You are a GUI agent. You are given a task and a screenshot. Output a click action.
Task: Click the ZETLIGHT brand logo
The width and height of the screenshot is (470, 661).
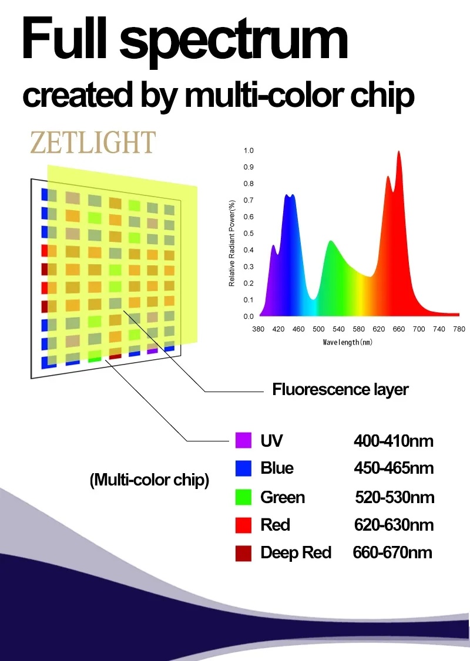(93, 143)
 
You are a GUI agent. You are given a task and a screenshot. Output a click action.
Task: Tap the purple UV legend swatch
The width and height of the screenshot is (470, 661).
(243, 440)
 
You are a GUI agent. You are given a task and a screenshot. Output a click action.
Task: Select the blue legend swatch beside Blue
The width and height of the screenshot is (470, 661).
(243, 468)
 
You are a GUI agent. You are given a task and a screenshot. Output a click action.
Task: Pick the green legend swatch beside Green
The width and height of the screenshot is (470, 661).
(243, 497)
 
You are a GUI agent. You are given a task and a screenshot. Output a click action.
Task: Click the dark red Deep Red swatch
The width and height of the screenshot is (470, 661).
(243, 552)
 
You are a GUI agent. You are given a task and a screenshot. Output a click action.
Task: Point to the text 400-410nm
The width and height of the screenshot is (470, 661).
(394, 440)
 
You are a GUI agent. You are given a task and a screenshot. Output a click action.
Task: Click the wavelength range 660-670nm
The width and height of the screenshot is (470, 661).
(392, 552)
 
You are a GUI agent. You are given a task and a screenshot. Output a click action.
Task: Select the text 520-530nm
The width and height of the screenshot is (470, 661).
(394, 497)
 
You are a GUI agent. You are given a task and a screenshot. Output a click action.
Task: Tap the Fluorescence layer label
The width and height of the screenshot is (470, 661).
(340, 389)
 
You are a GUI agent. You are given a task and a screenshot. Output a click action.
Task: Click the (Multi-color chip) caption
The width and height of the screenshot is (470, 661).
(149, 480)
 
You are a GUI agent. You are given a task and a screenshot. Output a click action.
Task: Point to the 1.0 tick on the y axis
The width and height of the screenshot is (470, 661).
(249, 151)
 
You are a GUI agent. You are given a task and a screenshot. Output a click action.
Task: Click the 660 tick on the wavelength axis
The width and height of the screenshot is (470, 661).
(398, 329)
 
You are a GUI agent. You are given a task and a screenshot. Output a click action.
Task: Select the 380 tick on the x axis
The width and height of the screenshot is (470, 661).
(258, 329)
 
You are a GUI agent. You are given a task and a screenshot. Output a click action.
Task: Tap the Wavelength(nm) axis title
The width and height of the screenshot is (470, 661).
(348, 342)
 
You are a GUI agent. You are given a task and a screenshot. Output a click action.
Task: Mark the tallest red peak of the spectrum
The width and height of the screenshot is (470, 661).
(399, 152)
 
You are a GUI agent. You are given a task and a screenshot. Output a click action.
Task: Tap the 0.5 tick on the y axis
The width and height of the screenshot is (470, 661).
(249, 234)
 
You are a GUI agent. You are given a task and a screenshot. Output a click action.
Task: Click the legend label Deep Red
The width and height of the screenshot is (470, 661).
(296, 552)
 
